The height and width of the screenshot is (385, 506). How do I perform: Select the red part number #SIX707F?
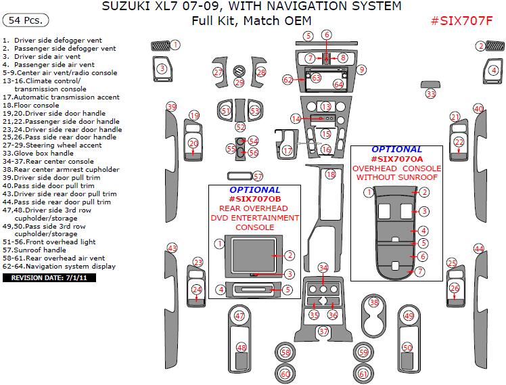tap(461, 20)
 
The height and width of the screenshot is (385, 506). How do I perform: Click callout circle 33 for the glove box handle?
tap(431, 94)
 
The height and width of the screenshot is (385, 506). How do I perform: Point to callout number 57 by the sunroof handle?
tap(257, 177)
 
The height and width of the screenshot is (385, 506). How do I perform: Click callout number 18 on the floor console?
tap(331, 175)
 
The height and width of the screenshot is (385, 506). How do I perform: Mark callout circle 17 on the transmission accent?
tap(287, 150)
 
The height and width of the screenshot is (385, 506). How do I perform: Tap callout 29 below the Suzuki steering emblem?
tap(239, 83)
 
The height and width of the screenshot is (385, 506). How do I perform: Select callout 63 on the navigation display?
tap(316, 78)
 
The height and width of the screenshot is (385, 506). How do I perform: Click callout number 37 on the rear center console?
tap(323, 332)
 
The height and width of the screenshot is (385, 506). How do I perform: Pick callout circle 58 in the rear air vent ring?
tap(285, 353)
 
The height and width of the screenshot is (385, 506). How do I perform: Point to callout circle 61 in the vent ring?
tap(363, 373)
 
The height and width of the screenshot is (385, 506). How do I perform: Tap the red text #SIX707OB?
tap(254, 199)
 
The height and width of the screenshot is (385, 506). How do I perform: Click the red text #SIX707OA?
tap(396, 158)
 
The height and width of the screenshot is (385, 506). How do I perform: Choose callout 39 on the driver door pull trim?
tap(172, 108)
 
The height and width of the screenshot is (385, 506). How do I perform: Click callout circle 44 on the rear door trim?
tap(479, 249)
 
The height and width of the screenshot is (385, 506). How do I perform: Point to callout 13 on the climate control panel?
tap(326, 107)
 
